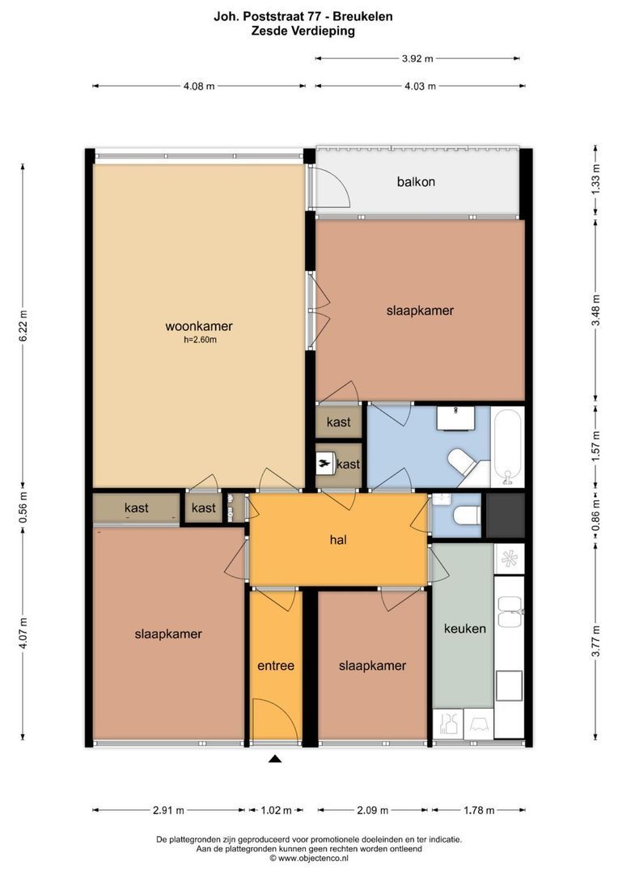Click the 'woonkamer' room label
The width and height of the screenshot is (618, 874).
tap(199, 327)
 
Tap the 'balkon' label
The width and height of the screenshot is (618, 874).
tap(416, 181)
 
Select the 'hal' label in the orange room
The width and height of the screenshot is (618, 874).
tap(338, 539)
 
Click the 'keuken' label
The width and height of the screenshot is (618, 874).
tap(464, 628)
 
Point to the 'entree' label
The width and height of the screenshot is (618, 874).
tap(275, 666)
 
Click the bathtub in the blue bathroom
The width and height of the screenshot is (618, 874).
tap(508, 447)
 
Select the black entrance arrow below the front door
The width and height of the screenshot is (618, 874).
tap(275, 759)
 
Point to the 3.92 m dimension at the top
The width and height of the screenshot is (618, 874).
tap(417, 58)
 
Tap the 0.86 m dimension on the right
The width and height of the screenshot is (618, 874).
tap(596, 517)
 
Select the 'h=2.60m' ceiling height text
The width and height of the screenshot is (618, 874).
tap(200, 341)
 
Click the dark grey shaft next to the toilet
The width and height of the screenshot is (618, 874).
tap(506, 515)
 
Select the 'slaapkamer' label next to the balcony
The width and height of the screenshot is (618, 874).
tap(420, 311)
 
